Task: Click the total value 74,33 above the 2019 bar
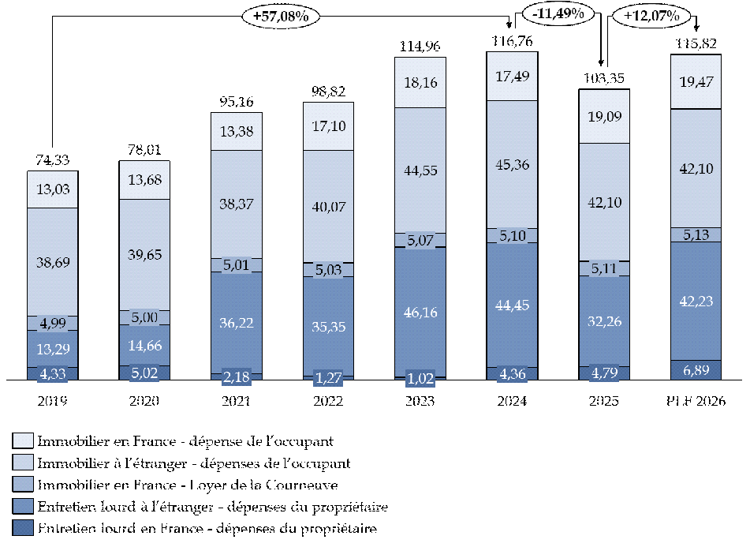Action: tap(52, 160)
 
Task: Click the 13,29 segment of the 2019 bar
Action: tap(52, 348)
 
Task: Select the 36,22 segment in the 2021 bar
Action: tap(236, 323)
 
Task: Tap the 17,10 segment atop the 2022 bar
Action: tap(328, 126)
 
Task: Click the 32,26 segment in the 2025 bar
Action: tap(603, 321)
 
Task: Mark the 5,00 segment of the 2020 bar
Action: tap(144, 317)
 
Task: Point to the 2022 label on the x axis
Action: tap(328, 401)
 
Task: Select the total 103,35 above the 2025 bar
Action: tap(603, 79)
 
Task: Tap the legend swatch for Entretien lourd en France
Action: tap(22, 528)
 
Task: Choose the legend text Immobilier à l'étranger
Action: tap(193, 463)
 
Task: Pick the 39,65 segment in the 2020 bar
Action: tap(144, 254)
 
